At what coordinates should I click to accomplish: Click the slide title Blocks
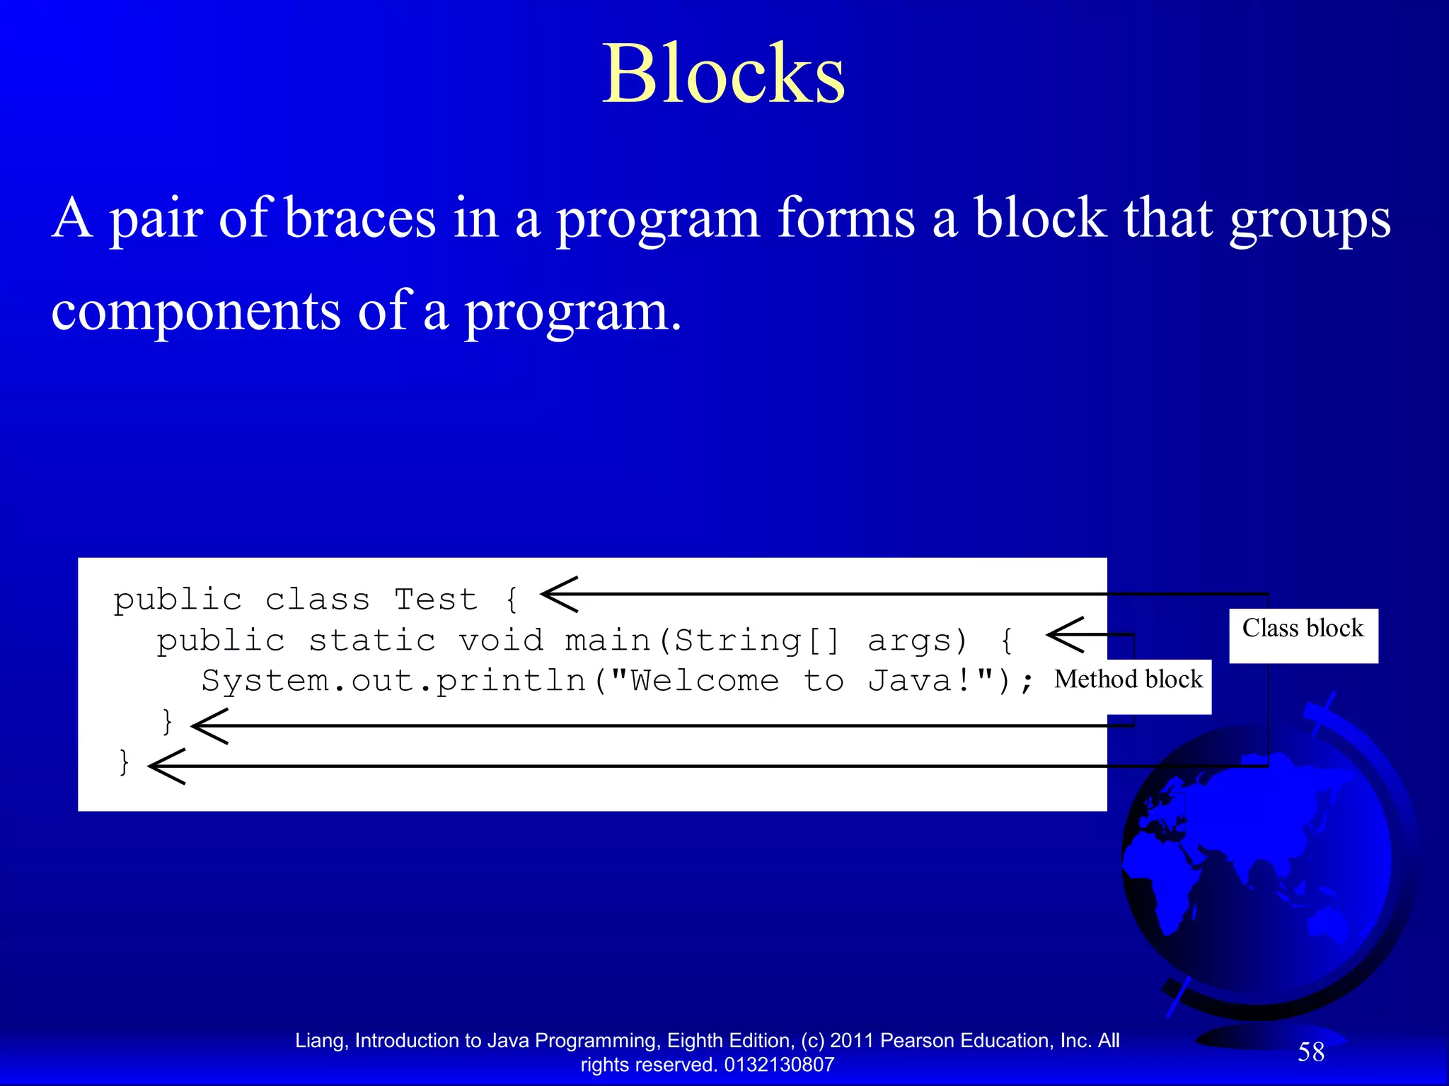(x=723, y=74)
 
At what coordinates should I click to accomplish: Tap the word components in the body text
(x=195, y=311)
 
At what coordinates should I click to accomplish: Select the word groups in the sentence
(x=1310, y=219)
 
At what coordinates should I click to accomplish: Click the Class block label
(x=1303, y=629)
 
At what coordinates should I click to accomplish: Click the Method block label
(x=1128, y=679)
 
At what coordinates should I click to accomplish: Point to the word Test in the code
(x=436, y=600)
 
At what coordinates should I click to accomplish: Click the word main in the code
(x=607, y=641)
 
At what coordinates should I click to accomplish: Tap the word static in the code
(x=372, y=641)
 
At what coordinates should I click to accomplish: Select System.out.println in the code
(x=393, y=681)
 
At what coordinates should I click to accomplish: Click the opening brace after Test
(x=512, y=600)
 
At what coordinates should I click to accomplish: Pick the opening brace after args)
(x=1006, y=641)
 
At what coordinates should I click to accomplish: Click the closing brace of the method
(x=168, y=722)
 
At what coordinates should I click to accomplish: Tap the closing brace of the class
(x=125, y=762)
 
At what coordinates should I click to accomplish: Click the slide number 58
(x=1310, y=1052)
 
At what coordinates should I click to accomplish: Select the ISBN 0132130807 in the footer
(x=779, y=1065)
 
